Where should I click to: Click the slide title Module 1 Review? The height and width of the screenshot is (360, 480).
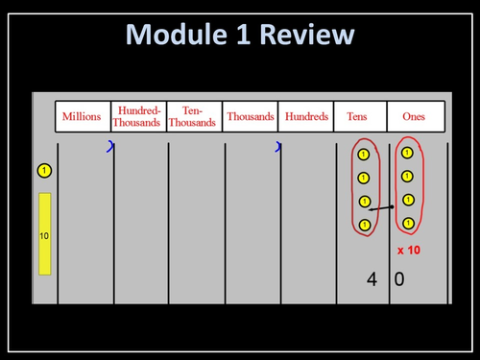pyautogui.click(x=240, y=36)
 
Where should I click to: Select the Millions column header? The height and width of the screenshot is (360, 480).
pyautogui.click(x=82, y=116)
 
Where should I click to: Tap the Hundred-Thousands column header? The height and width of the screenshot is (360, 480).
pyautogui.click(x=137, y=116)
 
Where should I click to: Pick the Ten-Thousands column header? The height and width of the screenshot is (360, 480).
pyautogui.click(x=193, y=116)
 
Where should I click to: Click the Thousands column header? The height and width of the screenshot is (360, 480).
pyautogui.click(x=251, y=116)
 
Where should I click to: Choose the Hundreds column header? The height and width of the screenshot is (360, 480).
pyautogui.click(x=305, y=116)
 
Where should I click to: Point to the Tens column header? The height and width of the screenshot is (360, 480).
pyautogui.click(x=361, y=116)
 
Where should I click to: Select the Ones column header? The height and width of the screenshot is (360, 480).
pyautogui.click(x=416, y=116)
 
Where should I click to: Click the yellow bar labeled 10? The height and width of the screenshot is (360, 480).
pyautogui.click(x=44, y=233)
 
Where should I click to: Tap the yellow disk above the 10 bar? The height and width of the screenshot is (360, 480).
pyautogui.click(x=44, y=171)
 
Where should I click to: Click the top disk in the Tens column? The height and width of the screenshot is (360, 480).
pyautogui.click(x=363, y=155)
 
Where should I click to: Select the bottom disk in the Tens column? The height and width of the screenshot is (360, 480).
pyautogui.click(x=363, y=225)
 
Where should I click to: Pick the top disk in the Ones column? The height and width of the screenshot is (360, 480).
pyautogui.click(x=408, y=153)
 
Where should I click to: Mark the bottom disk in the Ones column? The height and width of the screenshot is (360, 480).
pyautogui.click(x=408, y=223)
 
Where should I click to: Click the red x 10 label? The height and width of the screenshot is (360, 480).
pyautogui.click(x=408, y=250)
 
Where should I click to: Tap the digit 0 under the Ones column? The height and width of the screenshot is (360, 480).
pyautogui.click(x=399, y=280)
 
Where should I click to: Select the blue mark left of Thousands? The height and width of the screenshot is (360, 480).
pyautogui.click(x=278, y=147)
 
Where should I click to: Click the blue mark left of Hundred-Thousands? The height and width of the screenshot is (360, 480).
pyautogui.click(x=110, y=147)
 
